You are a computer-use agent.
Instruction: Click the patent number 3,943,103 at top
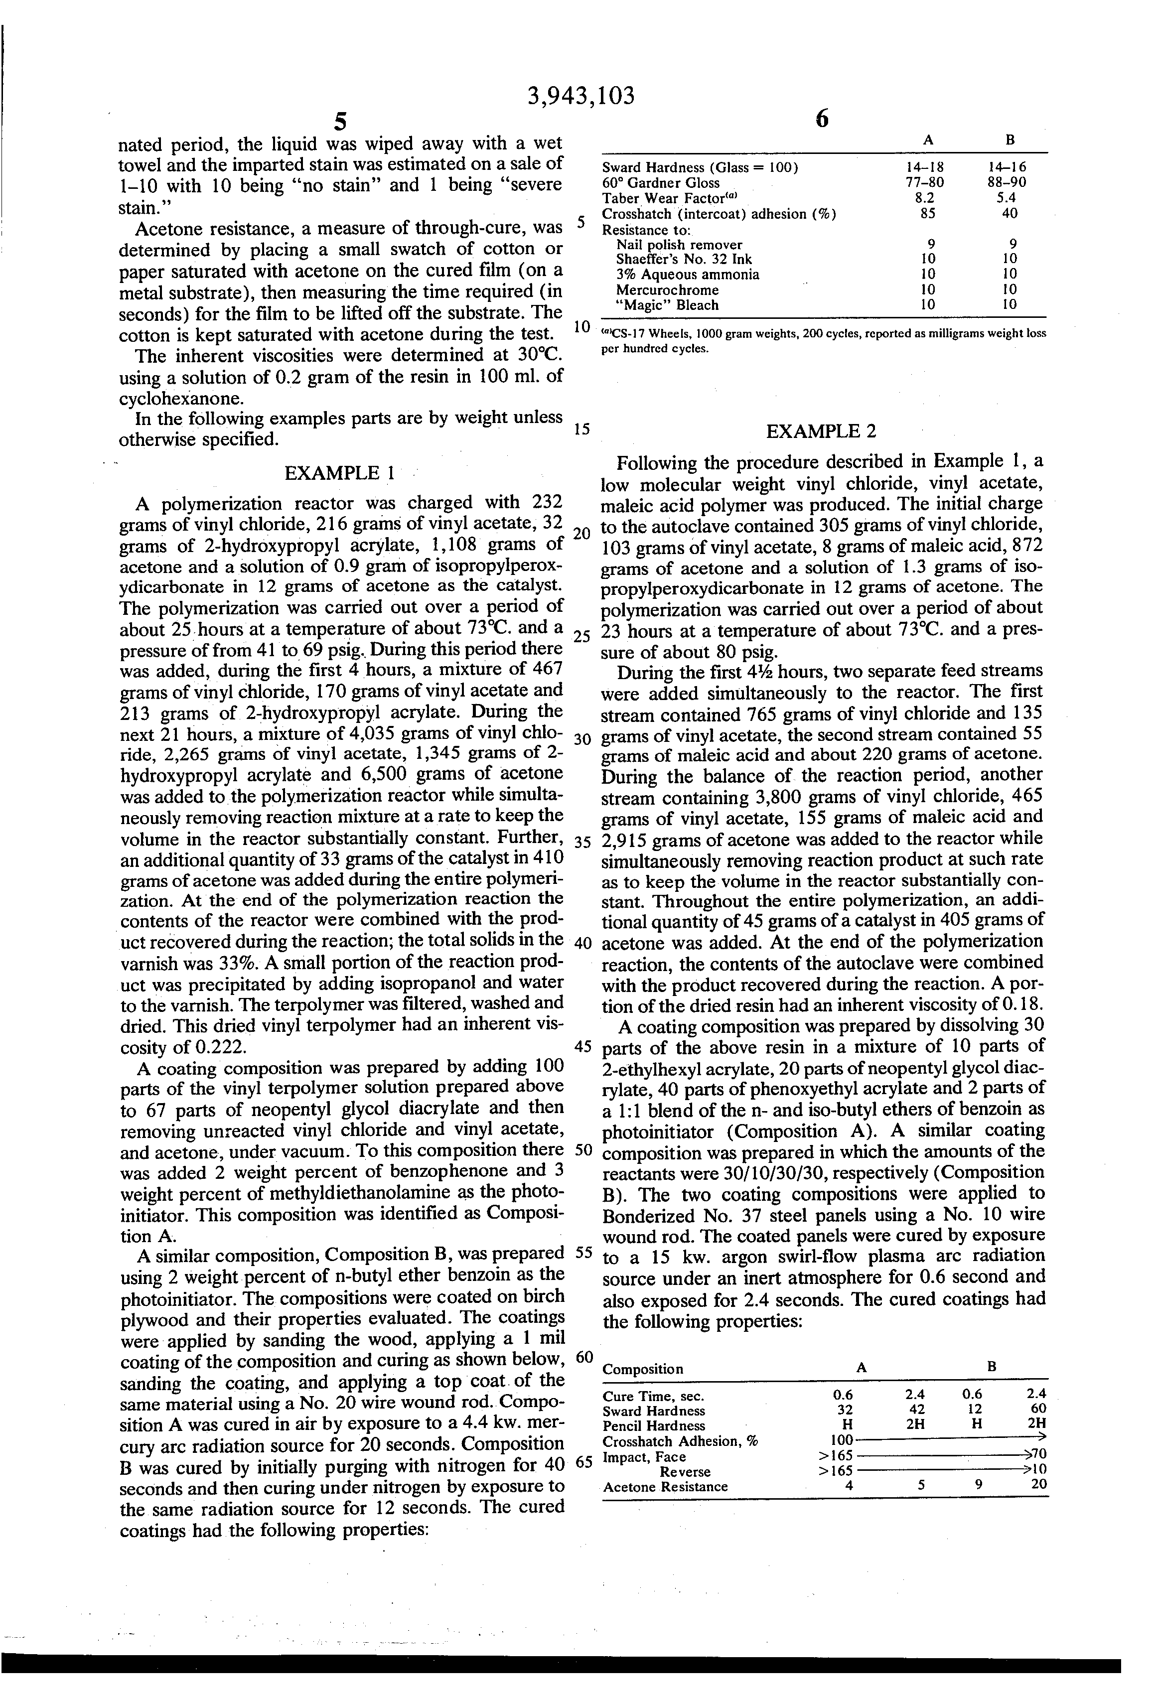580,96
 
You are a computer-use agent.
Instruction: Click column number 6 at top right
821,119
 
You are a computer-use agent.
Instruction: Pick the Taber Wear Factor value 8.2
927,197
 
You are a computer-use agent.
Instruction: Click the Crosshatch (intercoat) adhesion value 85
927,213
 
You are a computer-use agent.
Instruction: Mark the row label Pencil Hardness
654,1425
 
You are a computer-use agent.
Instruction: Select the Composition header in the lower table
642,1369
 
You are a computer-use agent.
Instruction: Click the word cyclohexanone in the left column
172,399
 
